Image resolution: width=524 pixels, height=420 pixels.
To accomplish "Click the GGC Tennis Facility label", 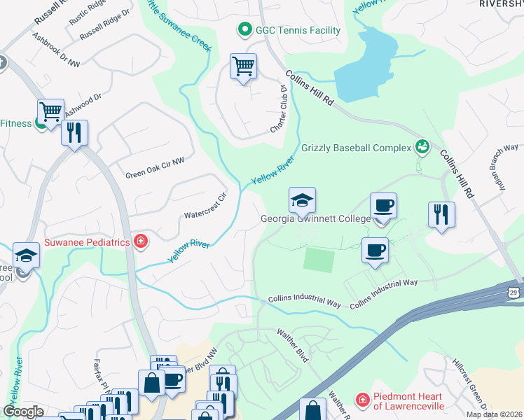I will coord(297,30).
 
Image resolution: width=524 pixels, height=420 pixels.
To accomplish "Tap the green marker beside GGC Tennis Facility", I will coord(244,30).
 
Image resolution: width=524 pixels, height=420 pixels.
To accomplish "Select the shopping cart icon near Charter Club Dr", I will coord(243,67).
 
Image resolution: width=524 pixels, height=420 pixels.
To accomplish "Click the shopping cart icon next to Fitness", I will coord(50,112).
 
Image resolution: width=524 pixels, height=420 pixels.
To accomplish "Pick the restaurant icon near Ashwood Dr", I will coord(74,132).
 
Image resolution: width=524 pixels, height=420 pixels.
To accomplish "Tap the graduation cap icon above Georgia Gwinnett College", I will coord(302,200).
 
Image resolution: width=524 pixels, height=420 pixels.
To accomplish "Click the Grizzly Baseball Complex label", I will coord(356,148).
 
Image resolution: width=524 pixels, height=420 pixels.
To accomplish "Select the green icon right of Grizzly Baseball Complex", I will coord(422,146).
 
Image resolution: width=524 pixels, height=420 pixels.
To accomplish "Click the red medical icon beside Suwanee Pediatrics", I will coord(141,242).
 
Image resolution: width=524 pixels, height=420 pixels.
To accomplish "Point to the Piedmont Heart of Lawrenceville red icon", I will coord(362,400).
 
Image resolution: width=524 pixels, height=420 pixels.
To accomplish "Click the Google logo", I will coord(23,412).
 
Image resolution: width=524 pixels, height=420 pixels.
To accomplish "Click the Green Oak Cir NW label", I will coord(155,168).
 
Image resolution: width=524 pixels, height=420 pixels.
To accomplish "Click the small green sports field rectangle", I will coord(318,260).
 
